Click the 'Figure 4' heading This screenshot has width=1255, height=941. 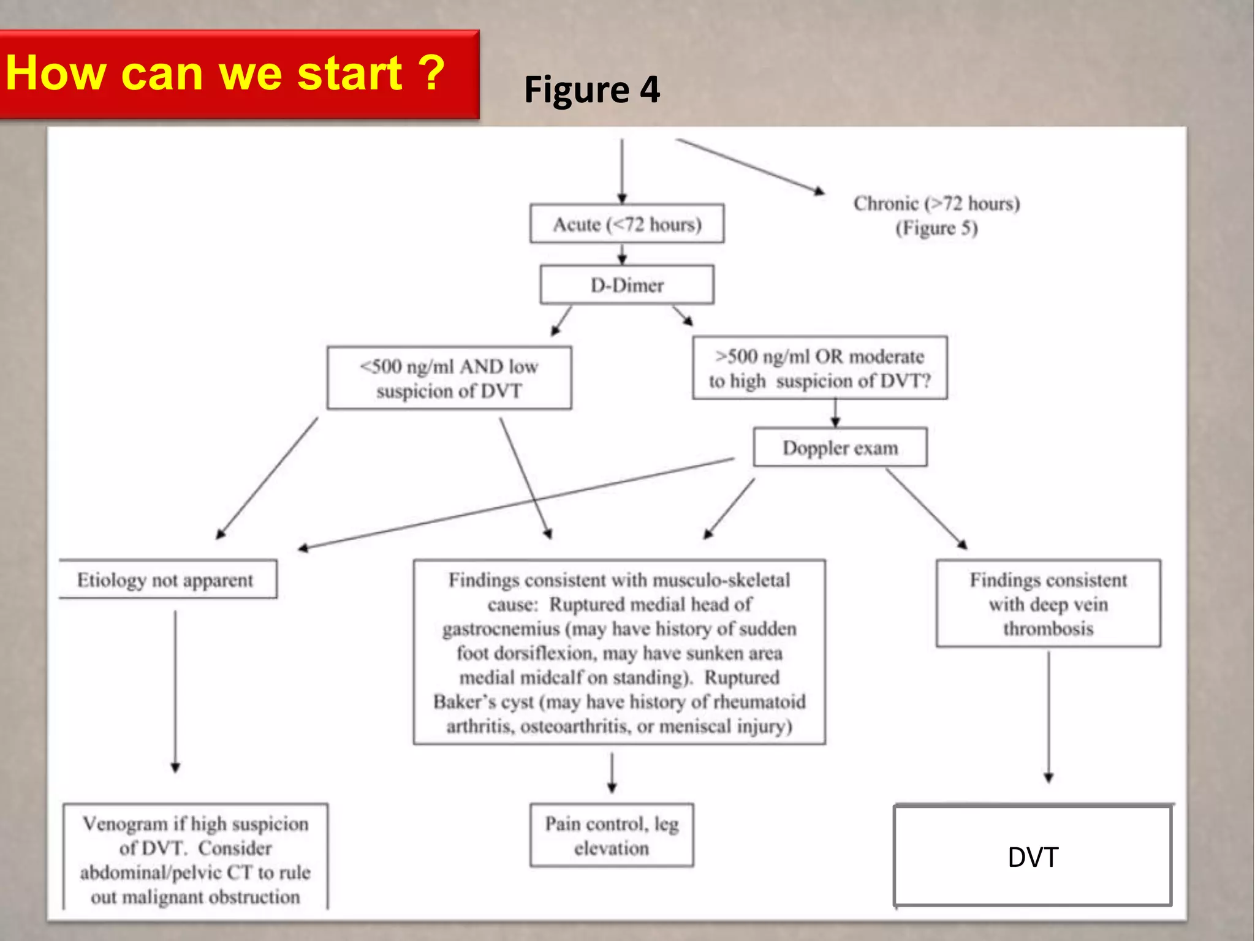point(591,89)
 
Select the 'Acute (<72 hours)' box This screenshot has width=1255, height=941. point(626,224)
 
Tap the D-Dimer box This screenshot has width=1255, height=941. point(626,285)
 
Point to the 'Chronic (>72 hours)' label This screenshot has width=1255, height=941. point(936,203)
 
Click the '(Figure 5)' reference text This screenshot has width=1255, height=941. point(936,229)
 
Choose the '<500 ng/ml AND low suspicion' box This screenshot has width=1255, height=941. point(449,378)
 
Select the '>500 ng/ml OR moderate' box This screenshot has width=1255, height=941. point(819,368)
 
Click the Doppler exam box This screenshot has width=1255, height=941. point(840,448)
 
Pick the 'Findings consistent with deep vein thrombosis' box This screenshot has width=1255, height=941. point(1048,603)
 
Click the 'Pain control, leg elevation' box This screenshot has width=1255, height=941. point(612,836)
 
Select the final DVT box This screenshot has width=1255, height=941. point(1033,856)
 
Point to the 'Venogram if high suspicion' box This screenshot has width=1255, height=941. point(195,859)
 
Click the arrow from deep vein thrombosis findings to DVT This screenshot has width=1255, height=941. point(1048,717)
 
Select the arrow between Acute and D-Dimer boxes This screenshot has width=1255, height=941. point(622,254)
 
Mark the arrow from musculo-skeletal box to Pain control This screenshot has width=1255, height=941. point(612,773)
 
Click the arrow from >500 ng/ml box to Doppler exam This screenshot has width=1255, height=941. point(835,413)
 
